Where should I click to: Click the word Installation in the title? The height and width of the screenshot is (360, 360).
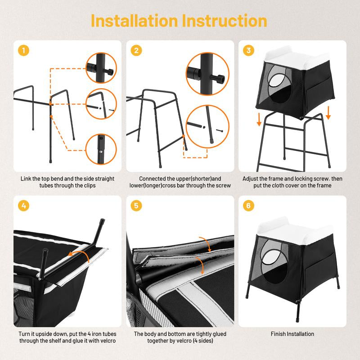134,21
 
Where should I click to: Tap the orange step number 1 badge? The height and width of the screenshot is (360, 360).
23,50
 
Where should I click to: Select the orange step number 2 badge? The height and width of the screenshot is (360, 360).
136,50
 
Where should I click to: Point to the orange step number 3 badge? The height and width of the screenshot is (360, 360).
248,50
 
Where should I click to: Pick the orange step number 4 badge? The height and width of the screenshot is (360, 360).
23,206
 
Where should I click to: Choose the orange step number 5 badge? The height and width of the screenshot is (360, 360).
136,206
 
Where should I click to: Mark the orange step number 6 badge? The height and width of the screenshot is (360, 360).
248,206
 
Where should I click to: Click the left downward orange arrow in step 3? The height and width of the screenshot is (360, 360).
259,119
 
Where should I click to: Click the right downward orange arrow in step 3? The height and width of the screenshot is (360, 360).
328,113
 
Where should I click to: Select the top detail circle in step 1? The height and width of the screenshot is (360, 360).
101,68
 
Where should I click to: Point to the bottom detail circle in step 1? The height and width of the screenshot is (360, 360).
101,149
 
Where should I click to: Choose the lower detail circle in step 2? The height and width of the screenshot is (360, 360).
207,126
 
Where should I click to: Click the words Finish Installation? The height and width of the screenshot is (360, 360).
292,334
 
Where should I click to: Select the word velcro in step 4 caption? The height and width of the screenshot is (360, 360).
107,341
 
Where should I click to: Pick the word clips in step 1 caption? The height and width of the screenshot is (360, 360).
90,185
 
